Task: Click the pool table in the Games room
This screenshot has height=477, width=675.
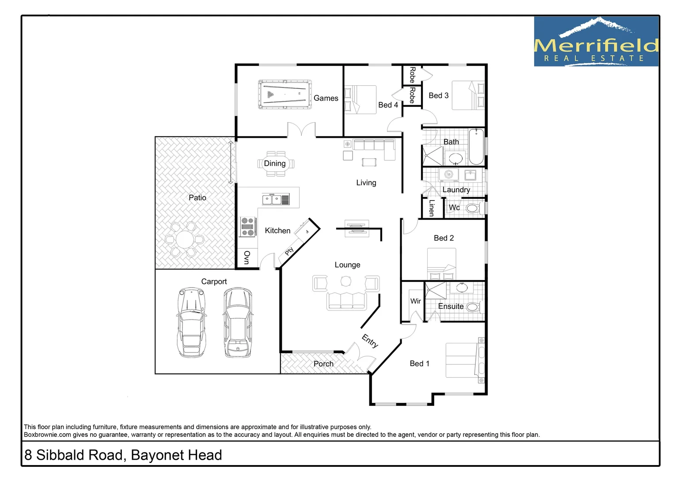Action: click(285, 94)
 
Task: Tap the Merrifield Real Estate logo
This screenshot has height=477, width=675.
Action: click(596, 42)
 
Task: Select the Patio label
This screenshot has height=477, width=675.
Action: click(197, 198)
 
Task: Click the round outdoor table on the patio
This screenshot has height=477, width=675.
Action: click(184, 240)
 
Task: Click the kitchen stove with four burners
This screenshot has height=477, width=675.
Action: click(248, 227)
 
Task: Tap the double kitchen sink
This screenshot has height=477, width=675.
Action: click(272, 200)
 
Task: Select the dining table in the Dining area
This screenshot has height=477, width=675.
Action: click(275, 164)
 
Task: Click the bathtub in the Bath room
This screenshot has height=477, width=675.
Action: click(476, 147)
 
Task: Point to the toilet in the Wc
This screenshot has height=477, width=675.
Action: click(472, 208)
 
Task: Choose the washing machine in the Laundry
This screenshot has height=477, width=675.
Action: click(449, 174)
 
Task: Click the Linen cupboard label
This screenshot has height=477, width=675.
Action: click(432, 208)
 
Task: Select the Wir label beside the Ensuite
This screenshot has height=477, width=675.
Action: click(415, 301)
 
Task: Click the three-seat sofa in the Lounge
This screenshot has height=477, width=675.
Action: click(346, 301)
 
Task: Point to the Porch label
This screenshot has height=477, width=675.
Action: click(323, 364)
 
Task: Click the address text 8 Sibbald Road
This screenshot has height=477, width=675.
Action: click(123, 455)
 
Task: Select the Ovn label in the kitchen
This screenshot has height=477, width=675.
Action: click(246, 257)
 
